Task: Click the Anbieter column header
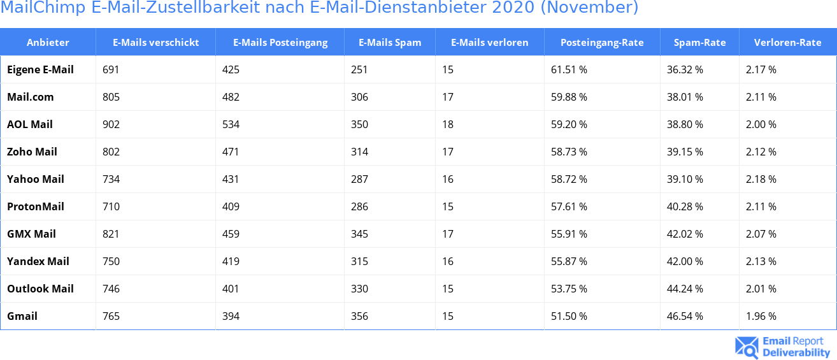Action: (48, 43)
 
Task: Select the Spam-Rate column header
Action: (699, 43)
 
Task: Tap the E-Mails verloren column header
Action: (489, 43)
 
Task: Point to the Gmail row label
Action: (22, 316)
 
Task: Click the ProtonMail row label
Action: (36, 206)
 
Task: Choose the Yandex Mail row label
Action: (38, 261)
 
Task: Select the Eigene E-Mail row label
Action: (40, 69)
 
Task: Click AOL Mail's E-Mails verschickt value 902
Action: (111, 124)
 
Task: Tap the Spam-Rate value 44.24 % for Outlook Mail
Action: (685, 289)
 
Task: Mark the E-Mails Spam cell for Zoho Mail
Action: (359, 152)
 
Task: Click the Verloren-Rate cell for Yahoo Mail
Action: (761, 179)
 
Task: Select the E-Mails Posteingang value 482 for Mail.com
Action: (231, 97)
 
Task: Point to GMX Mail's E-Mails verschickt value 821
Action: (111, 234)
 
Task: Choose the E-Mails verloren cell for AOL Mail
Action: (448, 124)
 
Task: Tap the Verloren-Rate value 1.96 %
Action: (761, 316)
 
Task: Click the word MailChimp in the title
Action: (43, 8)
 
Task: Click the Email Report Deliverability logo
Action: (783, 347)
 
